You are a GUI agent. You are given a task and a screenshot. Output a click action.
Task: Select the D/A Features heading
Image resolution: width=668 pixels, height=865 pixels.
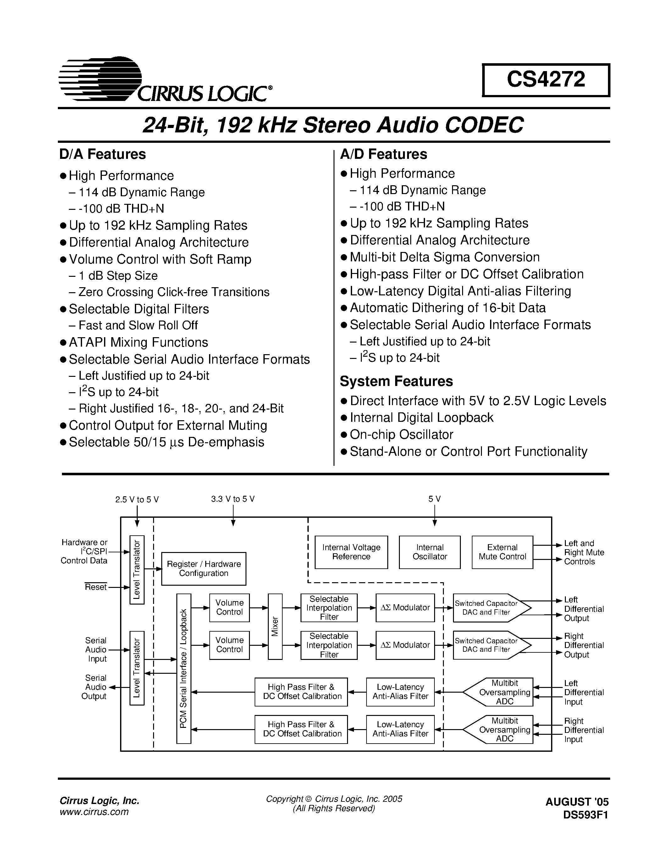tap(102, 154)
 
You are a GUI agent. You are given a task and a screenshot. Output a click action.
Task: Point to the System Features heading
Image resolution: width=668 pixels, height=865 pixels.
tap(396, 381)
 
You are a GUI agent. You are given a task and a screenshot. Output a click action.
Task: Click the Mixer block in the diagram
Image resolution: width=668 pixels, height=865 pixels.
tap(275, 626)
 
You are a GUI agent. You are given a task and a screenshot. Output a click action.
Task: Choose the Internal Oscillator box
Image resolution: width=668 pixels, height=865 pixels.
tap(429, 552)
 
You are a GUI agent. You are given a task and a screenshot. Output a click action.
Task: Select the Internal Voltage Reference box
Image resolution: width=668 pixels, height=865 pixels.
tap(351, 552)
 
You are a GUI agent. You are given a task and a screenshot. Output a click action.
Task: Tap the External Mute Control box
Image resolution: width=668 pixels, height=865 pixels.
tap(502, 552)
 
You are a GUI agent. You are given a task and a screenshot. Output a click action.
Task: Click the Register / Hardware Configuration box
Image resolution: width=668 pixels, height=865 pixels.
tap(203, 568)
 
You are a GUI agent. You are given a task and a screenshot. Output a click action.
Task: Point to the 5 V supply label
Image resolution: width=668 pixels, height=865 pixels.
tap(434, 499)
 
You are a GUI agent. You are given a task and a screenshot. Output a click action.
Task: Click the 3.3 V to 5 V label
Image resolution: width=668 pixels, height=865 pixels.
tap(233, 499)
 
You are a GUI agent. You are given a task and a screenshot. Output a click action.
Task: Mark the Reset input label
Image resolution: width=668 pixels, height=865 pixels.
tap(96, 587)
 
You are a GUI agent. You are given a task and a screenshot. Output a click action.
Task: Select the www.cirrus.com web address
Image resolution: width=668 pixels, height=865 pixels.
tap(94, 812)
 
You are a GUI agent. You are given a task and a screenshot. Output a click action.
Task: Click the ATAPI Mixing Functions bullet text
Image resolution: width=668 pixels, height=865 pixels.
tap(138, 342)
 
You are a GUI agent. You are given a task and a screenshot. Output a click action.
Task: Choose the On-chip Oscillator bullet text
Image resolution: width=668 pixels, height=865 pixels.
tap(401, 434)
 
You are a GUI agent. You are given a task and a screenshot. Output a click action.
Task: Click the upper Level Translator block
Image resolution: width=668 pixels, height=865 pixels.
tap(137, 570)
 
